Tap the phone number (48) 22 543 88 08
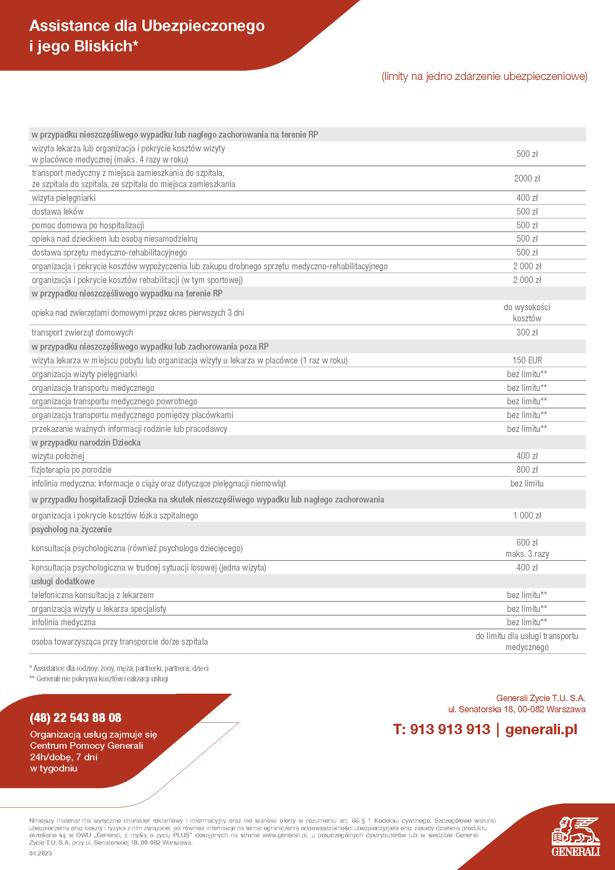pyautogui.click(x=75, y=717)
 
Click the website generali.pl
pyautogui.click(x=541, y=729)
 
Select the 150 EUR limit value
pyautogui.click(x=527, y=360)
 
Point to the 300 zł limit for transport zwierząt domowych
pyautogui.click(x=527, y=332)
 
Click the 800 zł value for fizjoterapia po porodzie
pyautogui.click(x=527, y=469)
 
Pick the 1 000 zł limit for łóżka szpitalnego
pyautogui.click(x=527, y=515)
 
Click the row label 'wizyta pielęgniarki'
pyautogui.click(x=64, y=198)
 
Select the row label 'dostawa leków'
pyautogui.click(x=58, y=211)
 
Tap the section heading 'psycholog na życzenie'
pyautogui.click(x=71, y=529)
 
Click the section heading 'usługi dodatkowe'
pyautogui.click(x=63, y=581)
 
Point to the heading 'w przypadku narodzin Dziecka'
pyautogui.click(x=86, y=442)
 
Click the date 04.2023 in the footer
pyautogui.click(x=41, y=853)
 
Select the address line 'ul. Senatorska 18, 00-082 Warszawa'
pyautogui.click(x=516, y=709)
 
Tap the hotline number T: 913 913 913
pyautogui.click(x=442, y=729)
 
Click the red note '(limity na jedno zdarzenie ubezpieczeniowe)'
pyautogui.click(x=484, y=76)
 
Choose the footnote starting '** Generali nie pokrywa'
pyautogui.click(x=99, y=679)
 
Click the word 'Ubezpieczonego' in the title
pyautogui.click(x=203, y=26)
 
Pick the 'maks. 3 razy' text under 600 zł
pyautogui.click(x=527, y=553)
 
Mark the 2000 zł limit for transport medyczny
pyautogui.click(x=527, y=178)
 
